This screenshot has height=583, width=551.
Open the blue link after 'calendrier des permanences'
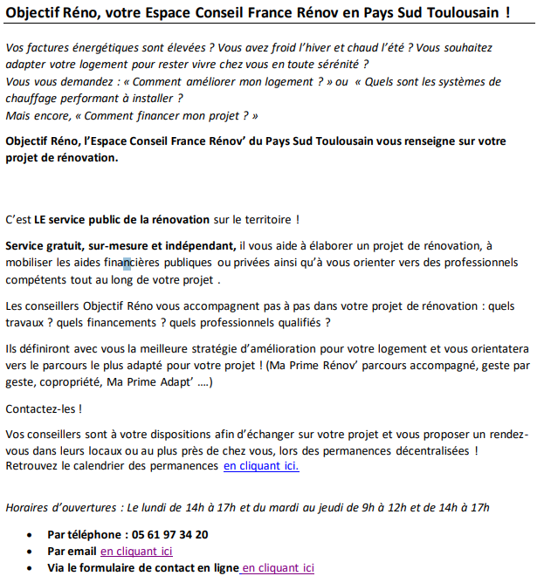tap(261, 466)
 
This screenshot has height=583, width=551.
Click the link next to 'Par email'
tap(136, 552)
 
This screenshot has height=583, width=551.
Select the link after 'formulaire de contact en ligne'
tap(278, 568)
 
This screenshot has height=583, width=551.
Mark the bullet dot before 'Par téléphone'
tap(32, 535)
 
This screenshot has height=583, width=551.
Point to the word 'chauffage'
tap(32, 99)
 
